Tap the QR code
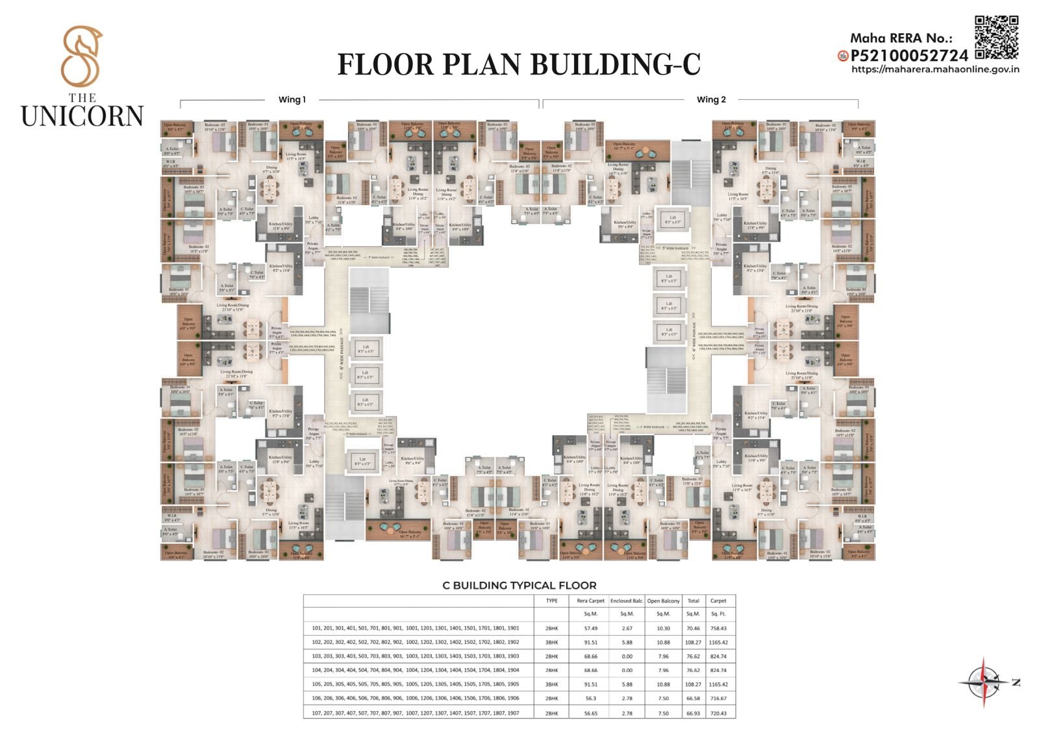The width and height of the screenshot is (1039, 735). tap(996, 37)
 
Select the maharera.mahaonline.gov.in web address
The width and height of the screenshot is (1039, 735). tap(934, 69)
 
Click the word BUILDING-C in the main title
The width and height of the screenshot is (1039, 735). tap(616, 64)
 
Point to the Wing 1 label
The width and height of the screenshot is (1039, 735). tap(292, 99)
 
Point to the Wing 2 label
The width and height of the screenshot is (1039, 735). tap(711, 99)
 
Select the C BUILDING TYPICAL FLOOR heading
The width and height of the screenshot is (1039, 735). tap(519, 585)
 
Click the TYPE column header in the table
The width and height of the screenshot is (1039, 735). tap(551, 601)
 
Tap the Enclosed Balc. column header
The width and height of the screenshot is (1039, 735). tap(627, 601)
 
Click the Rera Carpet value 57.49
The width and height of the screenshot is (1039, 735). tap(590, 628)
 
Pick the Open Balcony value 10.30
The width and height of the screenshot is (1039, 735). tap(662, 628)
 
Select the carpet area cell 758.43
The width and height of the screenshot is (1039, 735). tap(718, 628)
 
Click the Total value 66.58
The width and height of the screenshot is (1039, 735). tap(693, 698)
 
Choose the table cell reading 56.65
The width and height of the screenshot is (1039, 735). tap(590, 712)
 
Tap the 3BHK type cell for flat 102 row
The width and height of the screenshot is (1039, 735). tap(551, 642)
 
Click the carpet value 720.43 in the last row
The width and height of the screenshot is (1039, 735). tap(718, 712)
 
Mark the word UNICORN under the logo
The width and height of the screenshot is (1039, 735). tap(82, 116)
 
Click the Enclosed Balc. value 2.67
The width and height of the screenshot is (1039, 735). tap(627, 628)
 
